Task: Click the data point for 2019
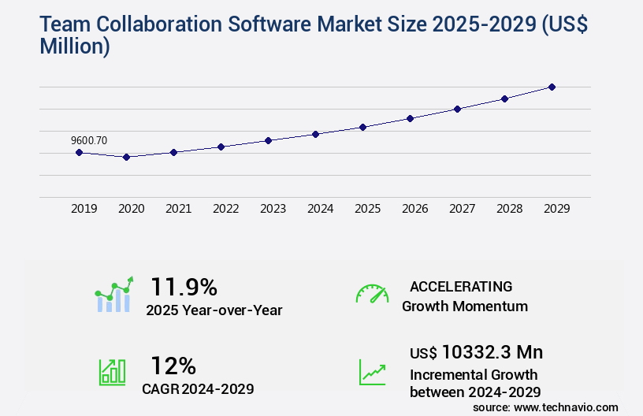click(79, 152)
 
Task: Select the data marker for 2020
click(126, 157)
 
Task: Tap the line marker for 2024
click(315, 134)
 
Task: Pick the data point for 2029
click(552, 87)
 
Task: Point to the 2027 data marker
click(457, 109)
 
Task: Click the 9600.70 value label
click(89, 140)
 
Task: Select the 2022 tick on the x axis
click(225, 209)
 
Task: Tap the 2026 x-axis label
click(414, 209)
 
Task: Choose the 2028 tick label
click(509, 209)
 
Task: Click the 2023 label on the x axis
click(273, 209)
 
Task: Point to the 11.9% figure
click(184, 286)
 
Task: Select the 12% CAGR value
click(173, 366)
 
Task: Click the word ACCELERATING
click(461, 286)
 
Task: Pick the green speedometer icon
click(372, 294)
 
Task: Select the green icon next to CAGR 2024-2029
click(112, 372)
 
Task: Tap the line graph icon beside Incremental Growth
click(372, 372)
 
